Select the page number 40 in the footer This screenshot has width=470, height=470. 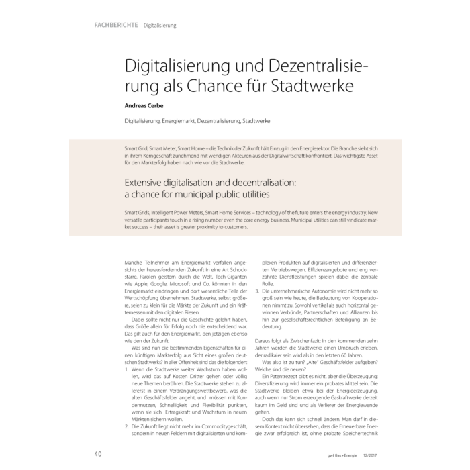[98, 454]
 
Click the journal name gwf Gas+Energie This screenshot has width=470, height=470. [328, 455]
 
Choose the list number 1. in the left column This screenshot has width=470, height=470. [128, 370]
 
